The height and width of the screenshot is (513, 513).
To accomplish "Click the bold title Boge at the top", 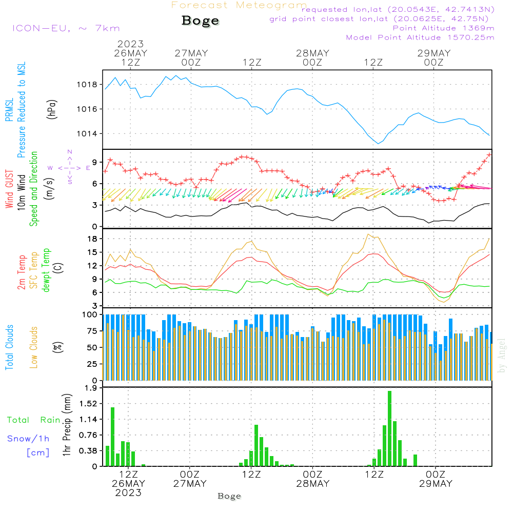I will point(200,21).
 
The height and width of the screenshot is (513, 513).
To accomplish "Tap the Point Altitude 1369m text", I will point(443,28).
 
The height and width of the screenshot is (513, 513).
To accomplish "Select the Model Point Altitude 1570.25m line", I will point(420,37).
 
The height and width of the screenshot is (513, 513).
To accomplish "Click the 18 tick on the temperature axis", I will point(92,239).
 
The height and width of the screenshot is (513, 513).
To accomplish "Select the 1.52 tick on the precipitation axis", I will point(88,404).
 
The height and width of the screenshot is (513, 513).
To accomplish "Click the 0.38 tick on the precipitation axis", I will point(88,451).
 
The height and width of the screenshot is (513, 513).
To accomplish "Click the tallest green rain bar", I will point(390,428).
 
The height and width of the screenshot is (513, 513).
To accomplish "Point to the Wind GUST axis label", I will point(9,190).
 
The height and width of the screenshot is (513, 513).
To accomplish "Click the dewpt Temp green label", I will point(46,270).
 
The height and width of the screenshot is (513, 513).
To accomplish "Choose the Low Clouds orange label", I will point(34,347).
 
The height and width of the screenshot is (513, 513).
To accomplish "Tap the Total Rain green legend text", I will point(33,420).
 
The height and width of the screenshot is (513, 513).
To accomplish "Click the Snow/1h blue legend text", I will point(28,439).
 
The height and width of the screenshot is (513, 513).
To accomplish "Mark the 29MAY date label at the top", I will point(434,53).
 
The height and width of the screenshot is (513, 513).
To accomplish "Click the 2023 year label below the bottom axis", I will point(128,493).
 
